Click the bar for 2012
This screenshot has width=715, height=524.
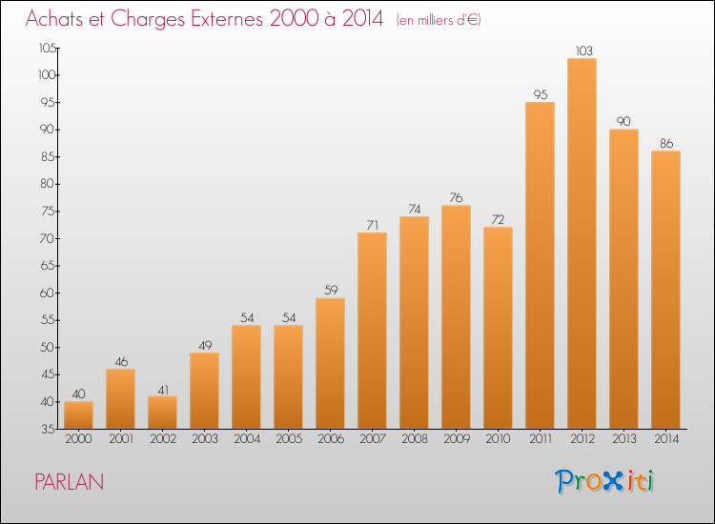point(582,243)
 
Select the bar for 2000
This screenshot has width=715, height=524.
point(78,415)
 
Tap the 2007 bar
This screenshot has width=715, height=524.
point(372,331)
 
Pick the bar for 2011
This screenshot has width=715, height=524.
point(540,265)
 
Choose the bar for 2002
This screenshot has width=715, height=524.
point(162,413)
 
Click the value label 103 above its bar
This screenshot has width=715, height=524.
point(583,50)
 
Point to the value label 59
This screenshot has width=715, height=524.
point(331,290)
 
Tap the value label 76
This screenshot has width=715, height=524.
point(456,197)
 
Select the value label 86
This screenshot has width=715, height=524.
point(666,143)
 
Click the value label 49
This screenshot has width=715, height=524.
point(205,345)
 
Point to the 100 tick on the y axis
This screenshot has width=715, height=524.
point(47,74)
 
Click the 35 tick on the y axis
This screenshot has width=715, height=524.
point(49,429)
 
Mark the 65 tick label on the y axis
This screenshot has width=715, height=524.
point(48,266)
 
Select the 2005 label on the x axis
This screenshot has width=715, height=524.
point(289,439)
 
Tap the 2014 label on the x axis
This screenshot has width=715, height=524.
point(666,439)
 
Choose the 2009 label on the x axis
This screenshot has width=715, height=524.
point(457,439)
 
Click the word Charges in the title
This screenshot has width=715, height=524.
point(148,19)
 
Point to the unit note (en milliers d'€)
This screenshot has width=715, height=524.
point(439,20)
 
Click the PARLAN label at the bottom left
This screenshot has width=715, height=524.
point(70,482)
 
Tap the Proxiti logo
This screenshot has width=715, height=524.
point(604,481)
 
